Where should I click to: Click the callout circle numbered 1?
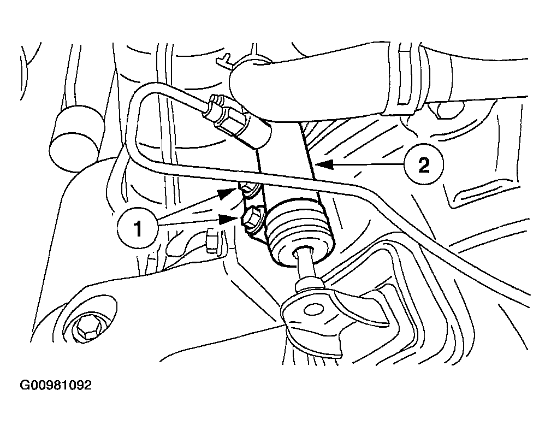138,228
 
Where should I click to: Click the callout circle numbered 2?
423,164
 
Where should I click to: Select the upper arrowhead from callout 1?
227,193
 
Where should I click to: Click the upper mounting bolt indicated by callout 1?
250,190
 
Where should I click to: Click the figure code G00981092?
56,385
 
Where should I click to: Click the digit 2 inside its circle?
424,164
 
